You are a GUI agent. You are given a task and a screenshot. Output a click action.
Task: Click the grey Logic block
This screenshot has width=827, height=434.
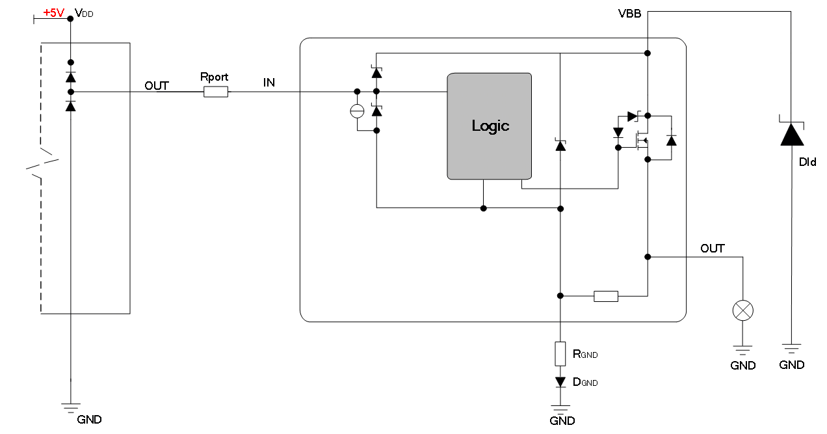[489, 126]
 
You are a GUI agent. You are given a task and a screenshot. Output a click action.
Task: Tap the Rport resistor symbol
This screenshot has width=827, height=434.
[216, 92]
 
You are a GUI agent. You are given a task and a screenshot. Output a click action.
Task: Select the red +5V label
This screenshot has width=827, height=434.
[54, 13]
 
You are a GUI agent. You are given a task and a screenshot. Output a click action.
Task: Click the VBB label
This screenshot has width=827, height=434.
[629, 14]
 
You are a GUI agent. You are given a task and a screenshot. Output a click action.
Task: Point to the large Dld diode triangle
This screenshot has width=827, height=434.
[792, 134]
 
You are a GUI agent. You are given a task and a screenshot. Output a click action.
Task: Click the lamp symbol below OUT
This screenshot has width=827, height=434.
[743, 310]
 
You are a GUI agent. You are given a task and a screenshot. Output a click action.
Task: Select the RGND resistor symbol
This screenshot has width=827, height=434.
[560, 354]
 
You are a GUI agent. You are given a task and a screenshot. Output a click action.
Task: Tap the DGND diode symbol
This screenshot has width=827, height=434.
[560, 382]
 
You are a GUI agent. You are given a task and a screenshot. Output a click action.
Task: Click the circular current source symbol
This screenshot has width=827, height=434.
[357, 111]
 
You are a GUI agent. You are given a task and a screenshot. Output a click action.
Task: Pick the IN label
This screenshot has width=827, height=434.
[269, 83]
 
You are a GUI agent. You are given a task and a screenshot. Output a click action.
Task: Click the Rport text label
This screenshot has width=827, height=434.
[214, 77]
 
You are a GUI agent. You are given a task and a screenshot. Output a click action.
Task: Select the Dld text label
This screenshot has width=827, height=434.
[807, 162]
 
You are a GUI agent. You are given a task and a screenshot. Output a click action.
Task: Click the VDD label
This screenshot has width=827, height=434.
[84, 13]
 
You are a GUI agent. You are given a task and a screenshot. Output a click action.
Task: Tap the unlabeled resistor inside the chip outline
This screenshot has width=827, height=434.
[606, 296]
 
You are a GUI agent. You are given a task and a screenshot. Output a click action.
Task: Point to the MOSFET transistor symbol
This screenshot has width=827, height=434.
[642, 141]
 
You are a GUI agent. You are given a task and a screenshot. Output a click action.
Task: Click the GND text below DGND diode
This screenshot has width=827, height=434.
[562, 421]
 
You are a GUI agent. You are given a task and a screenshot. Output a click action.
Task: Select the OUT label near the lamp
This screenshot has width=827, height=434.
[713, 249]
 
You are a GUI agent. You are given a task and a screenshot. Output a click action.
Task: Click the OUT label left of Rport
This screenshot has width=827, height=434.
[157, 86]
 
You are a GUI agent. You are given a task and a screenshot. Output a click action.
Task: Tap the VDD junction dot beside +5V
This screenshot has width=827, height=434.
[70, 18]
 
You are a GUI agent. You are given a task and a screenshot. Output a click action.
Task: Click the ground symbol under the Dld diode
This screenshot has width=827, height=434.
[791, 348]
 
